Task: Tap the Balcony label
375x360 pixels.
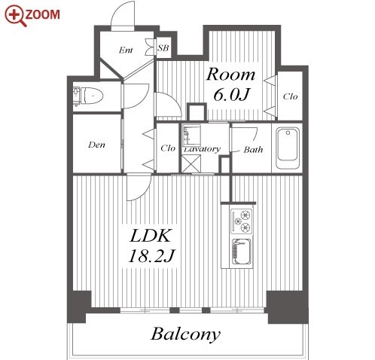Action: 185,334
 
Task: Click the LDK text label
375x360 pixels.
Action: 150,236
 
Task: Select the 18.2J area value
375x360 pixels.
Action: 151,256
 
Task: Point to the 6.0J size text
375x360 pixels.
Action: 231,94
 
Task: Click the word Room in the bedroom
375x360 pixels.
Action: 230,75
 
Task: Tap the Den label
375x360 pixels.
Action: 96,145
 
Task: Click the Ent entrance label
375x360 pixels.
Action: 126,50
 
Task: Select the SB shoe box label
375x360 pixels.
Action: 163,47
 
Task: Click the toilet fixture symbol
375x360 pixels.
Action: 88,96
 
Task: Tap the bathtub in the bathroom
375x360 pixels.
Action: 288,148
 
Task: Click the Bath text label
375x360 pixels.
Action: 254,150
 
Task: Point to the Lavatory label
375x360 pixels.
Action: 203,149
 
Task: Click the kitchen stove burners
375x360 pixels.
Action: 242,221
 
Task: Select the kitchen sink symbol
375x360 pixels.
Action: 242,252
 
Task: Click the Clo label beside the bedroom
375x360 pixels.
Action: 290,96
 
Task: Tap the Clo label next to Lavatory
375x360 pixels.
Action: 168,148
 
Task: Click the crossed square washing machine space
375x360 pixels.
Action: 191,163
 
